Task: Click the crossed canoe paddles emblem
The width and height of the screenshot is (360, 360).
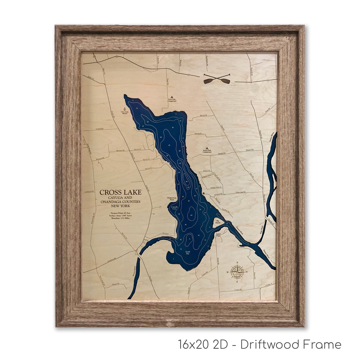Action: [x=216, y=79]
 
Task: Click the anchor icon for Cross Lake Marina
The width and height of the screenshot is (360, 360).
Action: [x=124, y=109]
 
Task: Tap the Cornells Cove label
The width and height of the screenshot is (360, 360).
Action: [x=174, y=208]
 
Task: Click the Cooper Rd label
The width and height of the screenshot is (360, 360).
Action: [x=238, y=290]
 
